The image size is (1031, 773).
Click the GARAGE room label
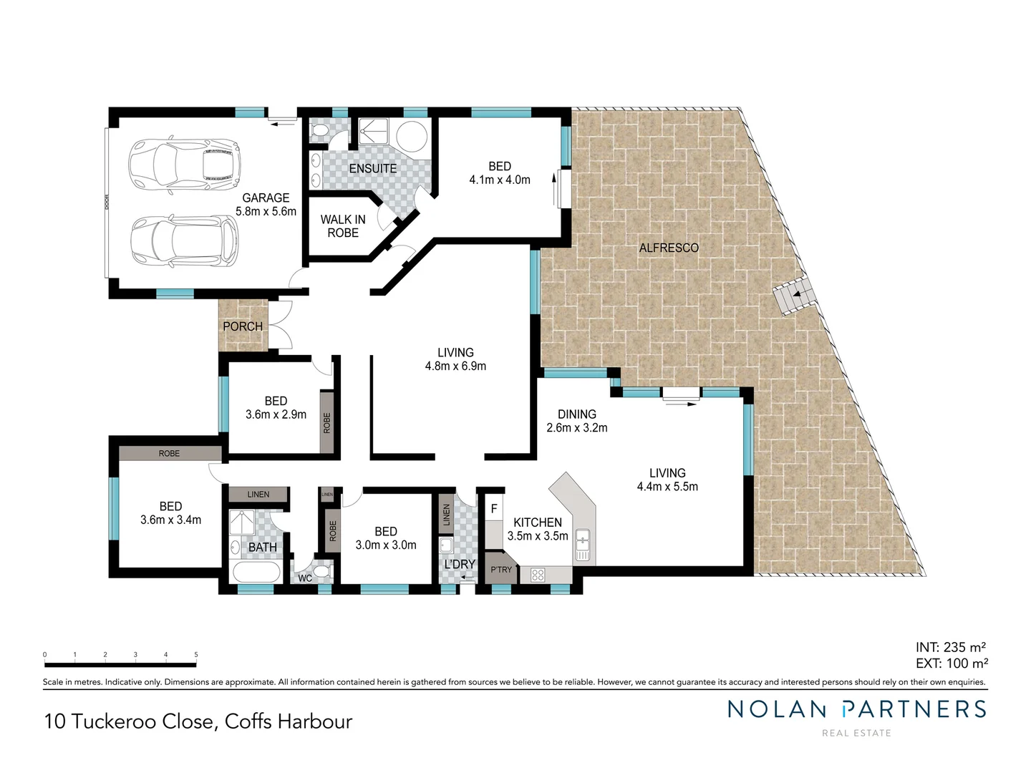(x=266, y=198)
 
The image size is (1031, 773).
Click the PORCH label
(x=243, y=326)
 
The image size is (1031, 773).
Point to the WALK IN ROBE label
(x=343, y=226)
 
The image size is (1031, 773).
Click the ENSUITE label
(x=372, y=168)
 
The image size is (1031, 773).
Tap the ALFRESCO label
(x=669, y=248)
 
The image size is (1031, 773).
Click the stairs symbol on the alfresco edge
(x=793, y=296)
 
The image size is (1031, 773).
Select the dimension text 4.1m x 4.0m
(x=500, y=180)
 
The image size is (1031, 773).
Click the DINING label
(x=576, y=414)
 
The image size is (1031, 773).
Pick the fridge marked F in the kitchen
(x=494, y=510)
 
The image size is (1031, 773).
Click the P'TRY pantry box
(x=501, y=570)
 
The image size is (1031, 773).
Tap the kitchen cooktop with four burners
(x=538, y=574)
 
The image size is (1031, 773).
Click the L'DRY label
(x=459, y=564)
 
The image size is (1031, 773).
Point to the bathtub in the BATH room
(x=256, y=573)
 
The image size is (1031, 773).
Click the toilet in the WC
(x=323, y=572)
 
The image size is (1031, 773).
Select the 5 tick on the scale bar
(x=196, y=655)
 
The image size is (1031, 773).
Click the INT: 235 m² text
(x=952, y=647)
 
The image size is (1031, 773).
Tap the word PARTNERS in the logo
(x=914, y=709)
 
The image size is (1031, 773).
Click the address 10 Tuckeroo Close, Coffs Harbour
(x=198, y=721)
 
